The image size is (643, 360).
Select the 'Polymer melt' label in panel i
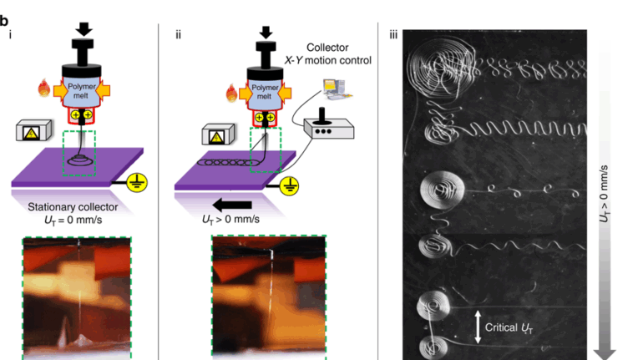[x=84, y=89]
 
